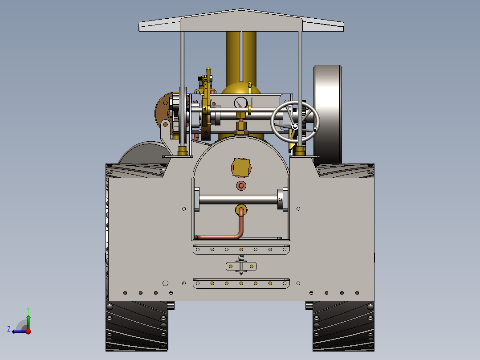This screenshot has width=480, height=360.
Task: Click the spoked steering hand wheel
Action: point(295,122)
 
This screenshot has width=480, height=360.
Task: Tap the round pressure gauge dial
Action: point(240,103)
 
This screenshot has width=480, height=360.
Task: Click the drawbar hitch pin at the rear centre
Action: point(241,266)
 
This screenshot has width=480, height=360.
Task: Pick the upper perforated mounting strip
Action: point(241,250)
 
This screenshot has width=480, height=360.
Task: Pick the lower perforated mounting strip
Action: point(241,283)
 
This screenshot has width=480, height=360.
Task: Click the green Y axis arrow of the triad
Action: point(28,320)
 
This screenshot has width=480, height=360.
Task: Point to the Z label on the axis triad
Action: point(9,329)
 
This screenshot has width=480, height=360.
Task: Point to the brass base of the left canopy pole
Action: point(183,151)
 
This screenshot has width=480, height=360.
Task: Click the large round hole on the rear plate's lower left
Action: point(165,283)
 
